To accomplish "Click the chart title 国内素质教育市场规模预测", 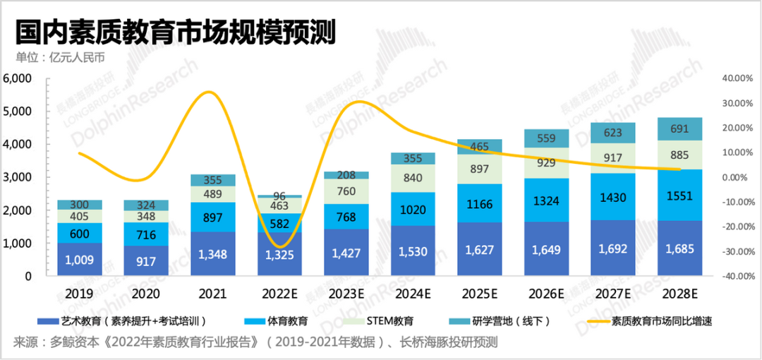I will pos(175,32).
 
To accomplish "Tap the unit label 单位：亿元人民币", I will pos(59,58).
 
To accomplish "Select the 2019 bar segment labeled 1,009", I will pos(80,259).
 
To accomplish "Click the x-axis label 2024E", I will pos(412,294).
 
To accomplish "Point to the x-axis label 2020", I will pos(146,294).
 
